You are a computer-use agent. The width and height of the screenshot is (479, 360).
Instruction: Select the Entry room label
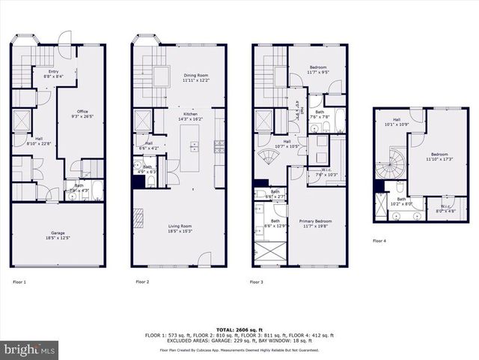52,52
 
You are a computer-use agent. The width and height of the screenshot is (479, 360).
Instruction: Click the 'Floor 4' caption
380,241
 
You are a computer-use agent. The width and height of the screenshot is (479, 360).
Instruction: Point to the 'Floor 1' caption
19,282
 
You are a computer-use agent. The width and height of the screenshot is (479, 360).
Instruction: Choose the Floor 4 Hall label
392,121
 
